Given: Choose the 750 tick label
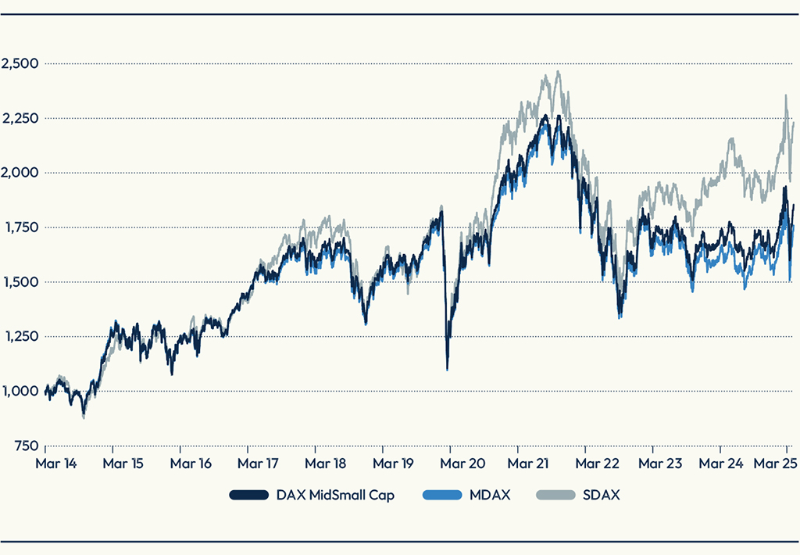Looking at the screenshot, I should pyautogui.click(x=26, y=446).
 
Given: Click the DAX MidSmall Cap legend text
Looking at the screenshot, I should pyautogui.click(x=335, y=496).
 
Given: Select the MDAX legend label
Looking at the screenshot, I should pyautogui.click(x=489, y=496).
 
